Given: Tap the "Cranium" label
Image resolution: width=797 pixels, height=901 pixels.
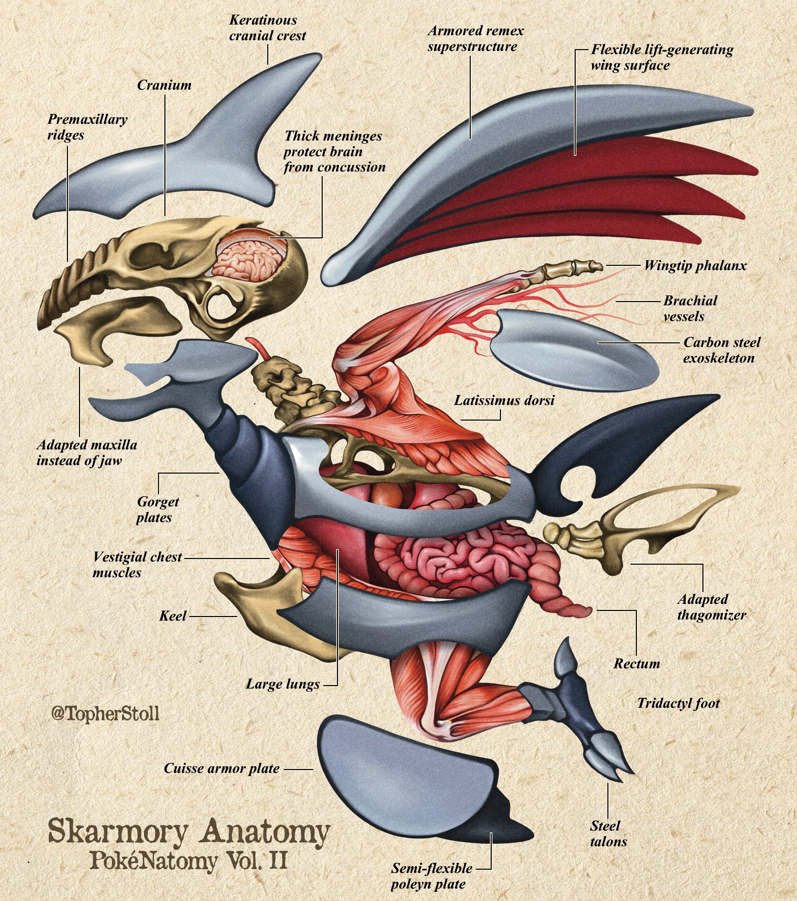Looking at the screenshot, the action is [164, 85].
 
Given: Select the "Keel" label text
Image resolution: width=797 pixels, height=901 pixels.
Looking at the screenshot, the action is [173, 616].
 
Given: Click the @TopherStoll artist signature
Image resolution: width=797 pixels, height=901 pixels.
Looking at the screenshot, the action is [105, 713].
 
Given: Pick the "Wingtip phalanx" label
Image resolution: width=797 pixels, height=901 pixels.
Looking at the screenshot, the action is [695, 266].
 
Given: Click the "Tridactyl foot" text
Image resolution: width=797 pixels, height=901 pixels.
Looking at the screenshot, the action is [678, 703].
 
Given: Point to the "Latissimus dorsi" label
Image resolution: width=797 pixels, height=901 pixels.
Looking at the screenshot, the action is [504, 401].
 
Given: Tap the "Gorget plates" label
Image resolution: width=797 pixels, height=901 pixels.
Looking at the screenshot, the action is [157, 509].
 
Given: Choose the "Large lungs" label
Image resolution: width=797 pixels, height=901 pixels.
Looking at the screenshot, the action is [283, 684].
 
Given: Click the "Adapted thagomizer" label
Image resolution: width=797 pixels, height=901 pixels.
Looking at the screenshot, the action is [711, 607].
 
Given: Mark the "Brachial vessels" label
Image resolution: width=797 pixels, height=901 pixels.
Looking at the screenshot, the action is [690, 309].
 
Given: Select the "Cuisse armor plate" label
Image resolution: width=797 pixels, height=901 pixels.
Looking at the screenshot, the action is [221, 769].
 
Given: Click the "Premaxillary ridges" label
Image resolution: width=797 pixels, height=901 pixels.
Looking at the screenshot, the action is [87, 127].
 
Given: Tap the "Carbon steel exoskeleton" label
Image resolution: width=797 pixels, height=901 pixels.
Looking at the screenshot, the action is [721, 350].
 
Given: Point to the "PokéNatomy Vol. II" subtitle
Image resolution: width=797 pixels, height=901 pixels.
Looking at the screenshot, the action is [189, 860].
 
